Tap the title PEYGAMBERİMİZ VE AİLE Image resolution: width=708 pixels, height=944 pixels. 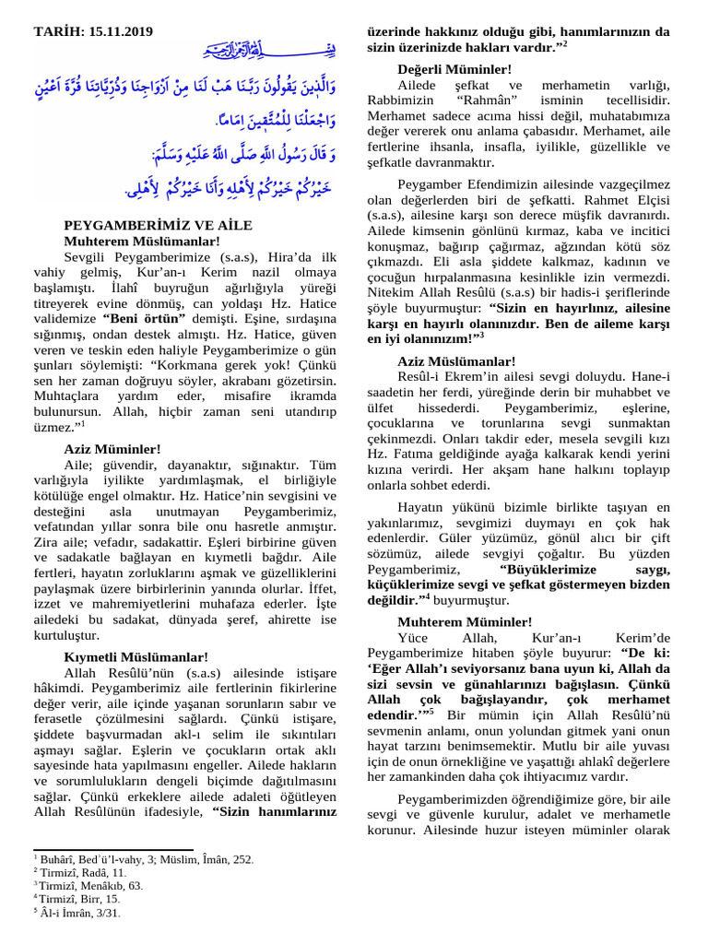coord(158,225)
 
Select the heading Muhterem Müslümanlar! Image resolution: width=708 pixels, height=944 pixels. coord(142,241)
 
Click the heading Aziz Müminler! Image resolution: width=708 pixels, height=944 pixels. coord(112,449)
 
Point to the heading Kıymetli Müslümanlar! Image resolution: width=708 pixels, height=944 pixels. coord(136,657)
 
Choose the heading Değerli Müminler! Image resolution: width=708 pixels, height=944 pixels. coord(454,69)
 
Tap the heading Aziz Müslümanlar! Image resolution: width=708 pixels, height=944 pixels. coord(456,361)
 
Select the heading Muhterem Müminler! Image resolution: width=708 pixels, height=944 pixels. coord(465,621)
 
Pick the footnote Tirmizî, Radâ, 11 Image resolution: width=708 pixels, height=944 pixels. coord(83,872)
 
